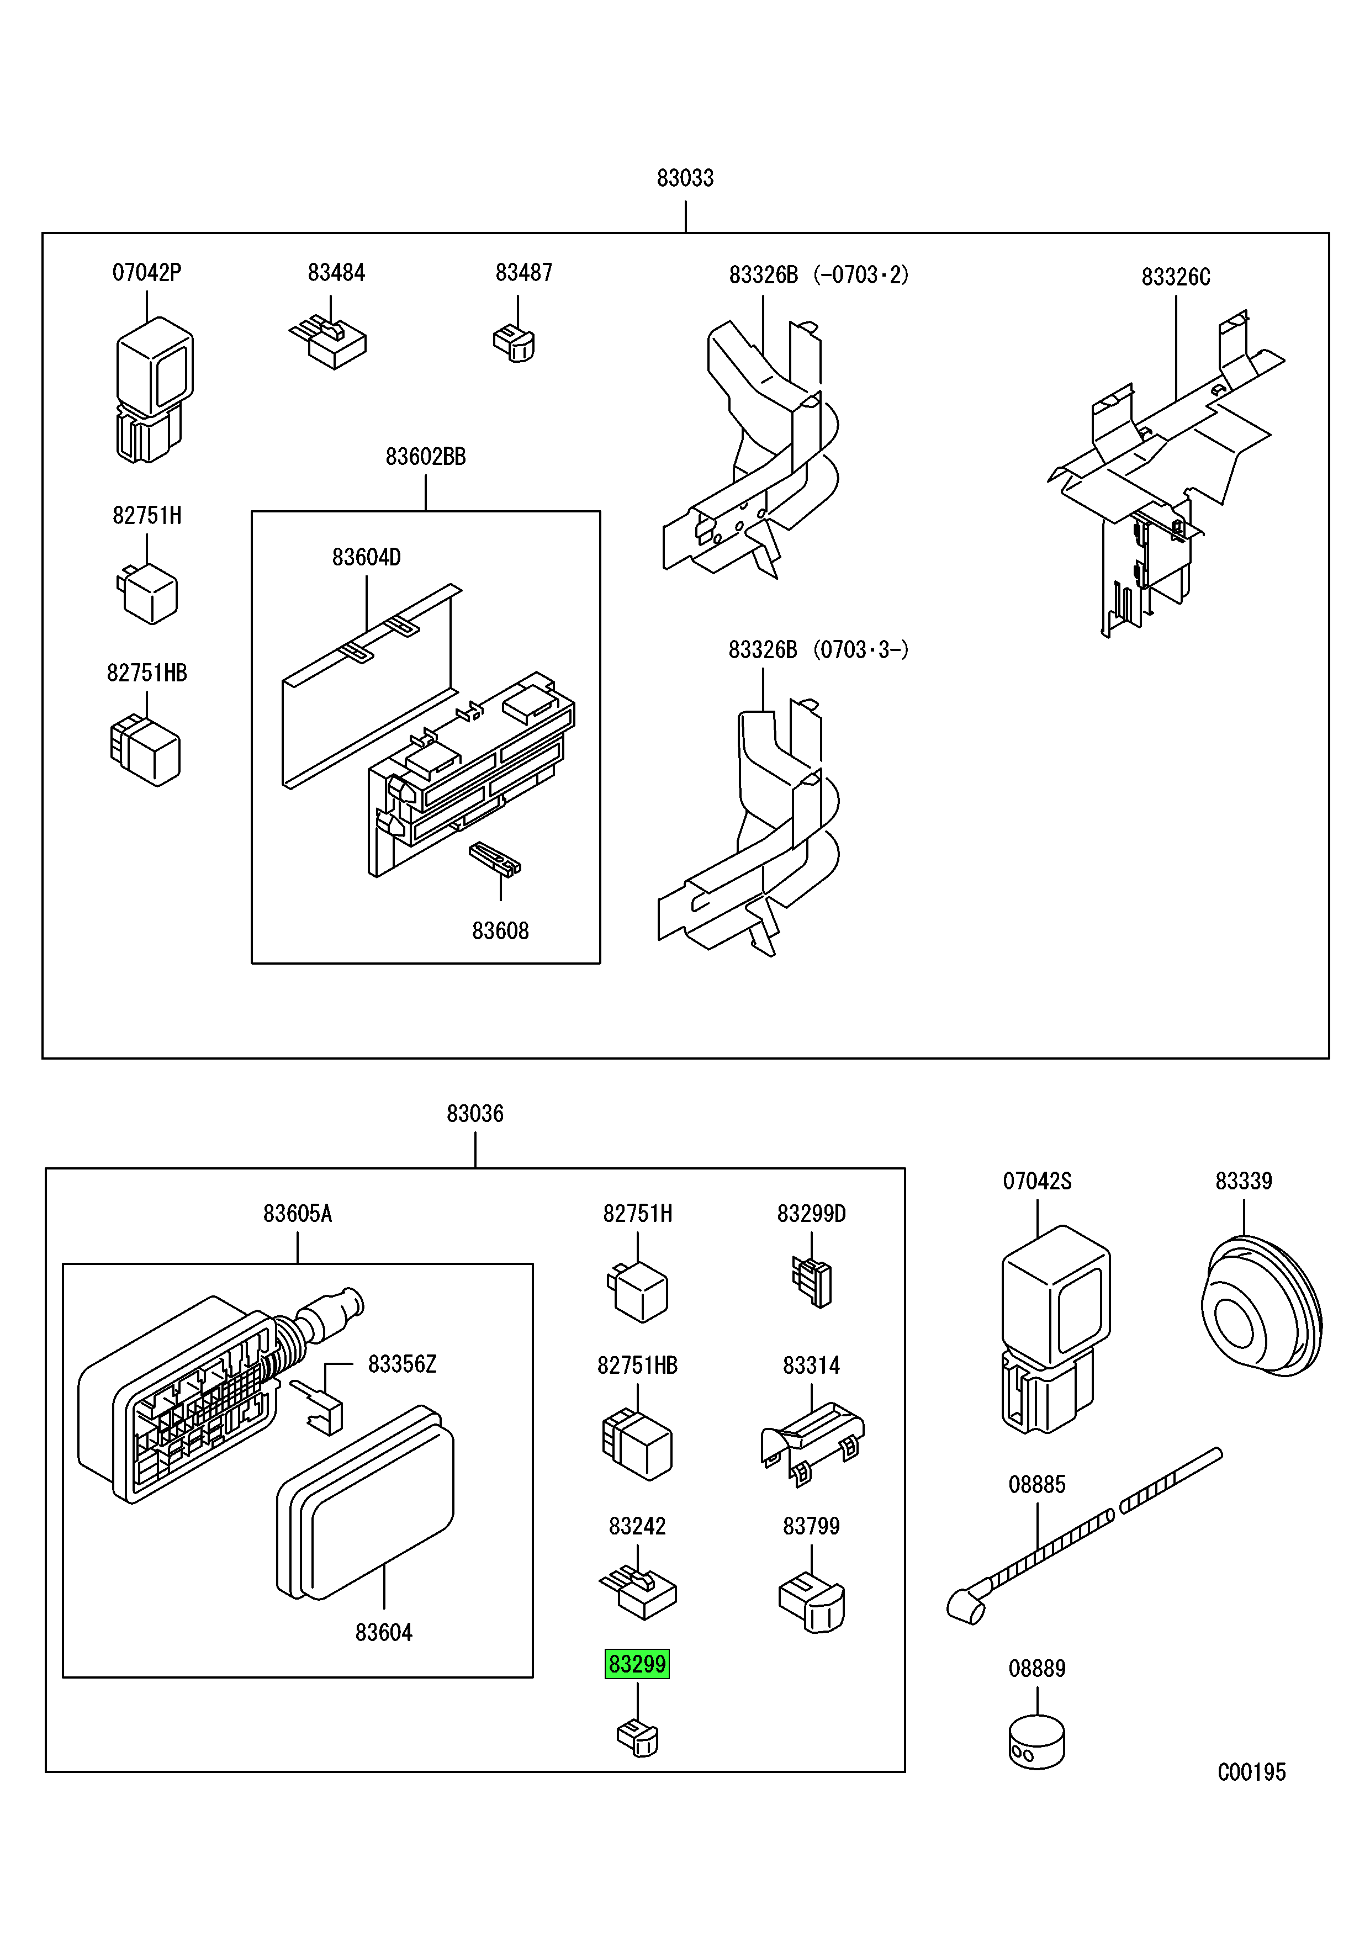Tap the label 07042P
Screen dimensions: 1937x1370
click(x=147, y=273)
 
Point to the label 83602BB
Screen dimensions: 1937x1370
click(x=425, y=457)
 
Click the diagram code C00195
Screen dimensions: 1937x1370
click(x=1251, y=1772)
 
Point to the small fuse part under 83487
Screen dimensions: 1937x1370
click(x=515, y=343)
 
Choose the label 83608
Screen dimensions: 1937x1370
click(x=500, y=930)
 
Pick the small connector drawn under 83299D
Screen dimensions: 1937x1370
click(x=812, y=1283)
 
